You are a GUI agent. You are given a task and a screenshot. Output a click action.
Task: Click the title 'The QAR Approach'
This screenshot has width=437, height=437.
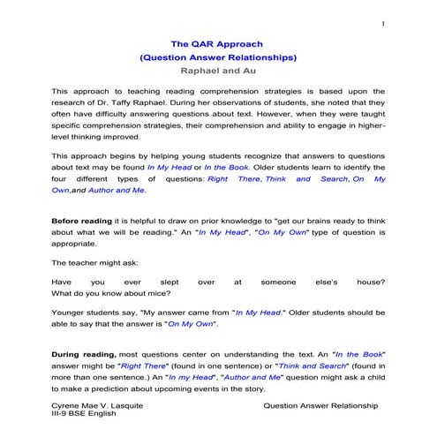[x=218, y=42]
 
